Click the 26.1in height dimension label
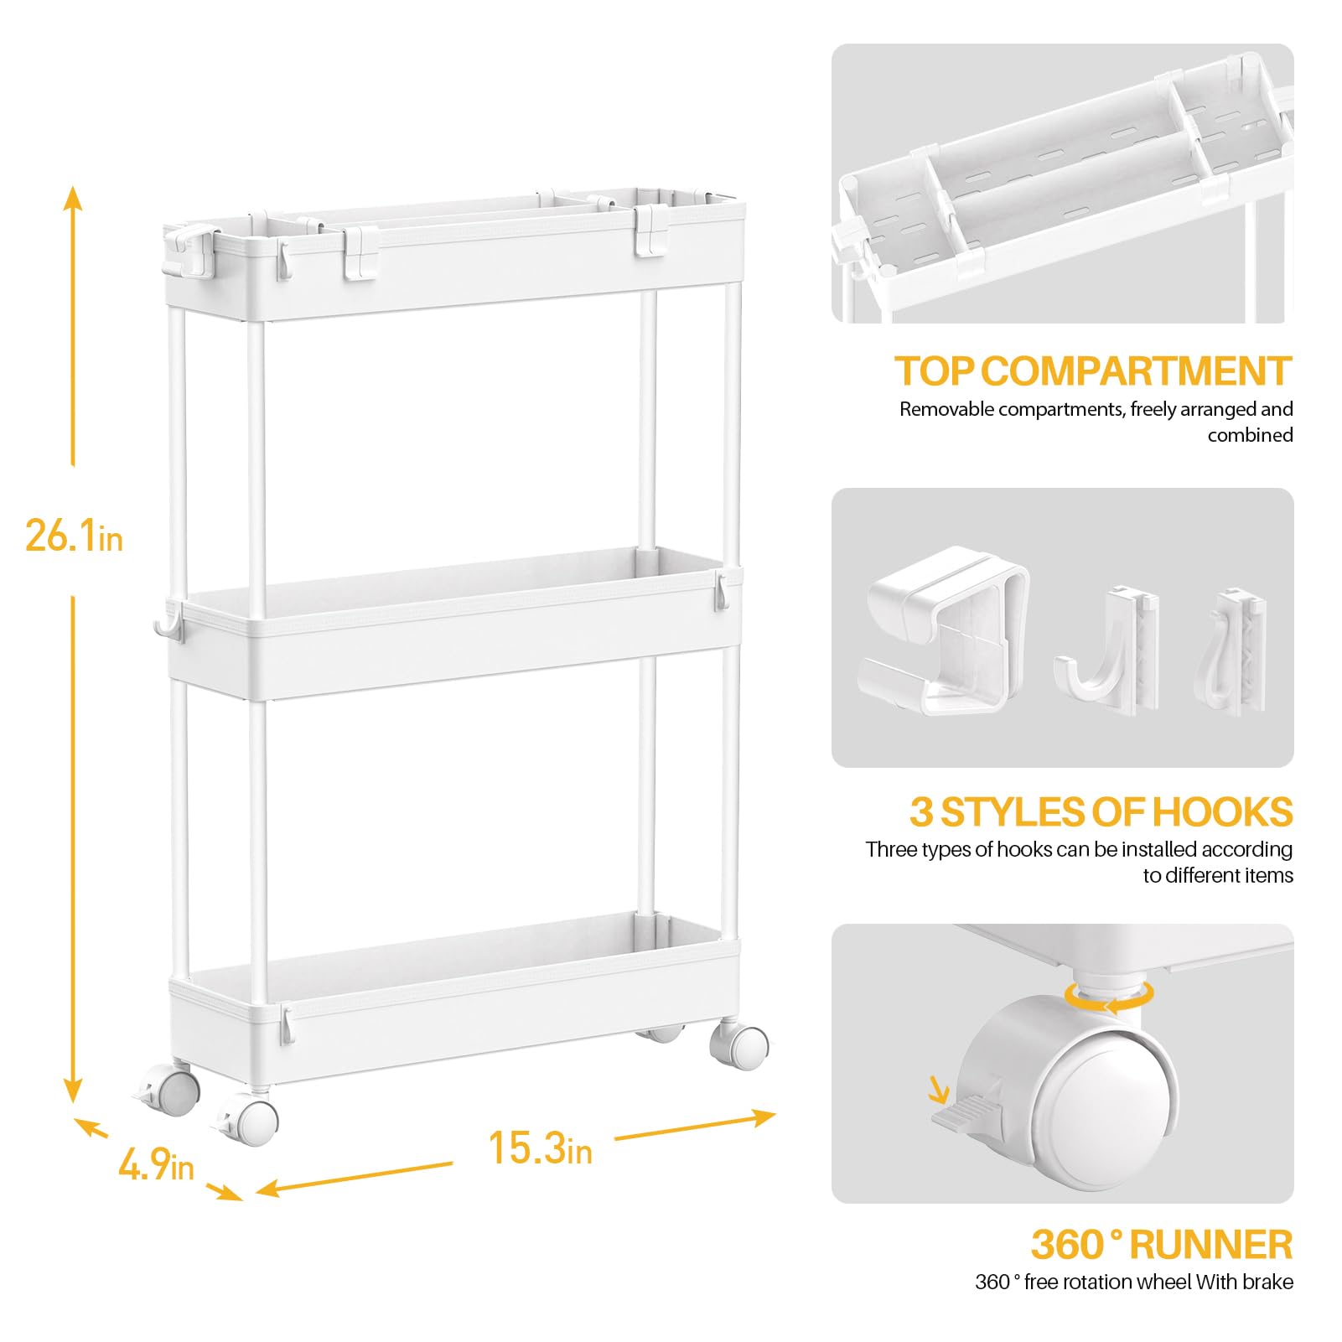pos(74,535)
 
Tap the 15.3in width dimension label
pos(540,1148)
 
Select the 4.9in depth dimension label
pos(156,1165)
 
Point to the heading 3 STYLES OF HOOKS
pos(1101,812)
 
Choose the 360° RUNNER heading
pos(1161,1245)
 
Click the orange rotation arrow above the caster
pos(1108,996)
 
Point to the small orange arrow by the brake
pos(939,1090)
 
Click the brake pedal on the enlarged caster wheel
pos(964,1113)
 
